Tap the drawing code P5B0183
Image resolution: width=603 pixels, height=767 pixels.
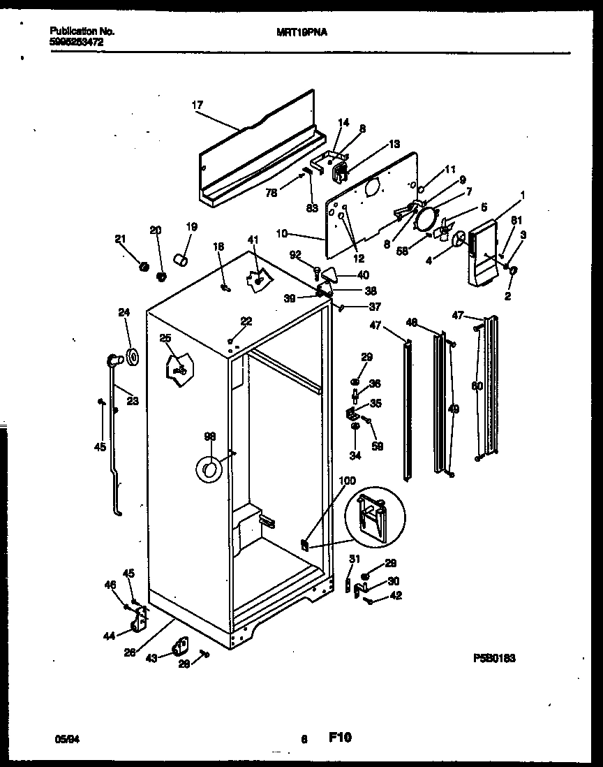point(494,658)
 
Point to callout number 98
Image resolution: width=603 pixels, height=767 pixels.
point(209,436)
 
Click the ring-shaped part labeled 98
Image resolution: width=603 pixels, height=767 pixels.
point(208,470)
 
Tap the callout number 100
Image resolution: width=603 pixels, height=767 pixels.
point(347,481)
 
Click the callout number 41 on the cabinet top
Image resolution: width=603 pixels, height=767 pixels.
point(252,240)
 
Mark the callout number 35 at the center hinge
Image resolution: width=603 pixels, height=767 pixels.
point(375,403)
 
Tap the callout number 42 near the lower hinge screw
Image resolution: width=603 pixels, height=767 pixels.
point(396,595)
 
